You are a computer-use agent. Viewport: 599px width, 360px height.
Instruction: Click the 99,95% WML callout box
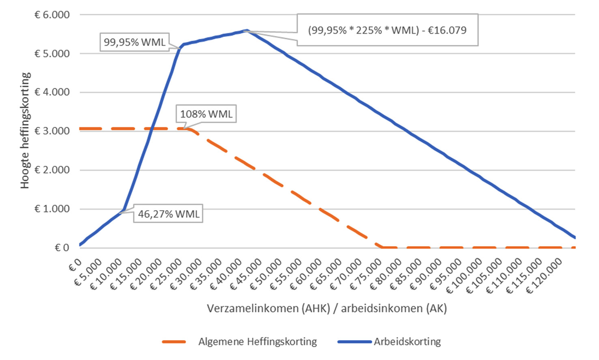133,42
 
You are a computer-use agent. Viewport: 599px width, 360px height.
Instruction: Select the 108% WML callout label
206,114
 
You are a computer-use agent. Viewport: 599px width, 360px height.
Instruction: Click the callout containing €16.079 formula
387,30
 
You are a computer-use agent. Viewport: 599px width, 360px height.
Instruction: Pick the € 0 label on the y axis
60,248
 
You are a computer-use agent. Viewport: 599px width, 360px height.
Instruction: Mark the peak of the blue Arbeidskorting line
247,30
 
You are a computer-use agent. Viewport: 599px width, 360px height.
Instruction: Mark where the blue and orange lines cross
151,129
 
